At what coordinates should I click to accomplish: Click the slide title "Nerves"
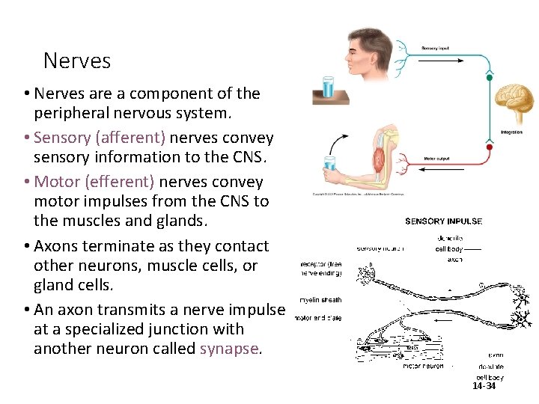click(x=77, y=61)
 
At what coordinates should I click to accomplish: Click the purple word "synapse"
click(x=230, y=349)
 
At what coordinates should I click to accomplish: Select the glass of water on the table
click(x=327, y=88)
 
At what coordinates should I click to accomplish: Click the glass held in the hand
click(x=330, y=167)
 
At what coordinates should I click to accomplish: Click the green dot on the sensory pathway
click(x=490, y=76)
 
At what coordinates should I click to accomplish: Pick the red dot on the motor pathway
click(x=489, y=147)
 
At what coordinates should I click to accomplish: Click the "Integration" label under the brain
click(x=512, y=132)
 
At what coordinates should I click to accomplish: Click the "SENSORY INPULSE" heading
click(x=443, y=221)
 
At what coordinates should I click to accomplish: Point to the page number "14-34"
click(x=484, y=386)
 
